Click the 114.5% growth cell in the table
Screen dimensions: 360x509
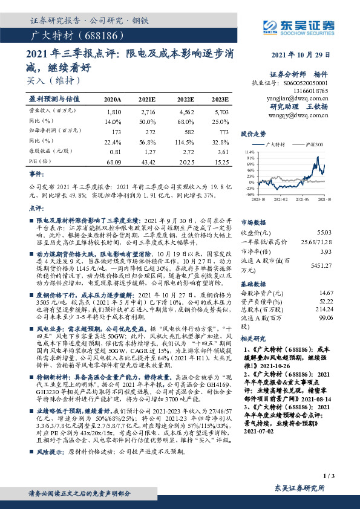click(185, 142)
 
